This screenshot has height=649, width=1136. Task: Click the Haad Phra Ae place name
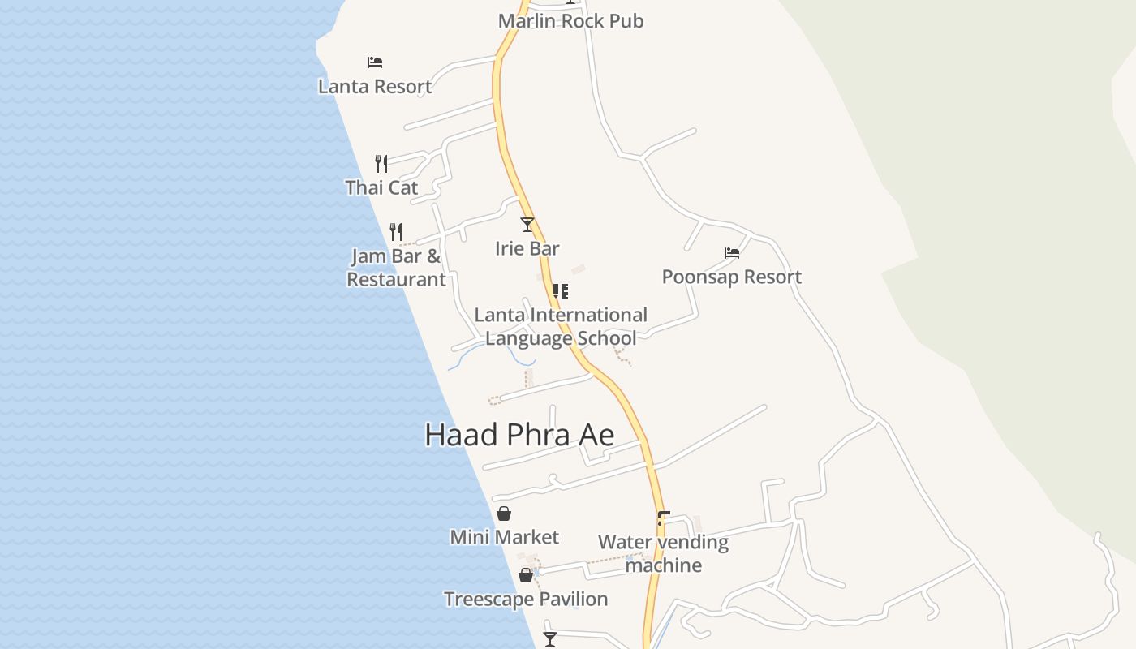point(519,436)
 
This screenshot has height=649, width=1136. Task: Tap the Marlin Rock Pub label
point(570,21)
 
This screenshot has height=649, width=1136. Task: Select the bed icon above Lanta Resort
point(374,62)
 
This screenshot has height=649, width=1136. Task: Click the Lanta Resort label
point(375,86)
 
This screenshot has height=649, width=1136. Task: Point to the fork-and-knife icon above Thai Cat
point(381,164)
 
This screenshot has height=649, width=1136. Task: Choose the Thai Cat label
point(381,187)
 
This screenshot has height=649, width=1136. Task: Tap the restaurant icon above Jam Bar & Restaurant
point(396,232)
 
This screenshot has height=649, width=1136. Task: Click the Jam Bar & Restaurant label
point(397,268)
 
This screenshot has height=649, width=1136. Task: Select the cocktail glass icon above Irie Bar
point(527,224)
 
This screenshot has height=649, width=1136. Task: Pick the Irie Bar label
point(527,248)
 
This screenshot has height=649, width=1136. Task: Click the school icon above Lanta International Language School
point(560,290)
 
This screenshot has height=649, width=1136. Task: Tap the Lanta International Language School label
point(561,326)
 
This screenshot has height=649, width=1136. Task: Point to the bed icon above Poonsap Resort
point(732,253)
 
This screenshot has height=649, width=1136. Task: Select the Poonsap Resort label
point(732,277)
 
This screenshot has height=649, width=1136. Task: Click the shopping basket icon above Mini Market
point(504,514)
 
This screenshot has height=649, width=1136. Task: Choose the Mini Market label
point(504,537)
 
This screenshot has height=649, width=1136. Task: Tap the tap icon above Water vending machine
point(663,518)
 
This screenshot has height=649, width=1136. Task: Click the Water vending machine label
point(663,553)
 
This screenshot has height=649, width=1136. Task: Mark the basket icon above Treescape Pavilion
point(526,575)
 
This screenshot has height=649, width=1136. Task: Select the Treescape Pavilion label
point(526,599)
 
